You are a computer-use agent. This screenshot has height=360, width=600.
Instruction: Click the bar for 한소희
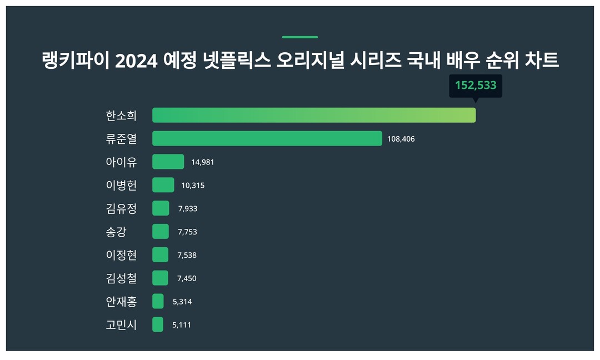[x=314, y=115]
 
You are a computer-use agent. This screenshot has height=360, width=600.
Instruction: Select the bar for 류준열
[x=267, y=138]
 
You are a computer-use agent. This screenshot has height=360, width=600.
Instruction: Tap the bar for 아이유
[x=168, y=162]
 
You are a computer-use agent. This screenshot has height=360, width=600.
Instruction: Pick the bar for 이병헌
[x=163, y=185]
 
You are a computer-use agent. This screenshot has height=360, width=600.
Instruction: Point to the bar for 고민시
[x=158, y=324]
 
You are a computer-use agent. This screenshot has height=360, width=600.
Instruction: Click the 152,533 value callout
[x=475, y=86]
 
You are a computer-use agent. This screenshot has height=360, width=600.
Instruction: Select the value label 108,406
[x=401, y=139]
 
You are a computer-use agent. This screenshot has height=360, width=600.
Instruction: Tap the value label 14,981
[x=202, y=162]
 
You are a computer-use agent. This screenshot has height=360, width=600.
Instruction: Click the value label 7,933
[x=187, y=209]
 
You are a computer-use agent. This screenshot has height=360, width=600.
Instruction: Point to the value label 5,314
[x=182, y=302]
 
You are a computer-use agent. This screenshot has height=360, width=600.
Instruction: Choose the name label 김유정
[x=121, y=208]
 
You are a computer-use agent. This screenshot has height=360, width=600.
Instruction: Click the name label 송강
[x=116, y=232]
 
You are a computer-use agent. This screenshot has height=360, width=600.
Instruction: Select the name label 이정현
[x=121, y=255]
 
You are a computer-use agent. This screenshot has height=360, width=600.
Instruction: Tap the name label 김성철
[x=121, y=278]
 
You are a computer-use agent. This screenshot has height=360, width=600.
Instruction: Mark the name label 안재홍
[x=121, y=301]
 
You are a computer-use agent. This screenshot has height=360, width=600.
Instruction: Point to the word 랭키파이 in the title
[x=76, y=61]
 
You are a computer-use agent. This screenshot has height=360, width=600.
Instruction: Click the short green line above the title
[x=300, y=37]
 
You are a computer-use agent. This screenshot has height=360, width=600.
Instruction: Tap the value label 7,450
[x=187, y=278]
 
